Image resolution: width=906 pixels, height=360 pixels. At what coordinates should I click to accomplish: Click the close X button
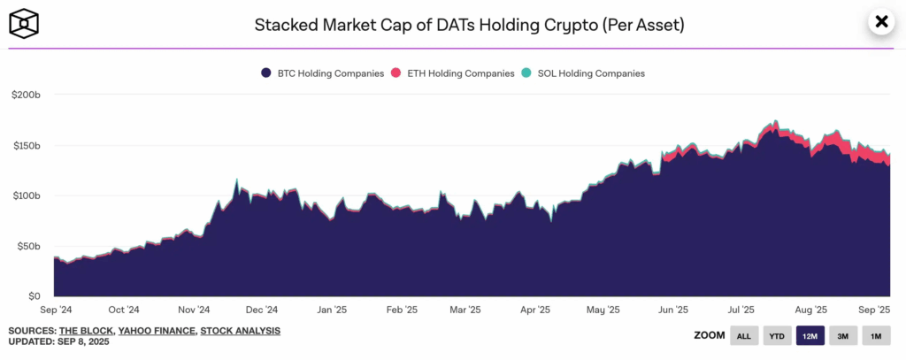880,22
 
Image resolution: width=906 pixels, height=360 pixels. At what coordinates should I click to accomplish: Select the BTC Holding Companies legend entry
322,73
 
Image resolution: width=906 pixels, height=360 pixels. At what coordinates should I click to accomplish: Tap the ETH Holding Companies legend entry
452,73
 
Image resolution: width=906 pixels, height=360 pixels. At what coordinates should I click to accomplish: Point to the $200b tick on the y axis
28,95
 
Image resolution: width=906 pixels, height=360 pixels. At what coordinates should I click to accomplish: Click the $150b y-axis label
28,145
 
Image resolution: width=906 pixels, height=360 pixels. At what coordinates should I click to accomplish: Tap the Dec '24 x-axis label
261,310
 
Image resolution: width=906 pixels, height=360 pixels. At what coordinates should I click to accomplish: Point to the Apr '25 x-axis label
534,310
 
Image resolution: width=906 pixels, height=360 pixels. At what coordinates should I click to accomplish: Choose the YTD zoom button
777,336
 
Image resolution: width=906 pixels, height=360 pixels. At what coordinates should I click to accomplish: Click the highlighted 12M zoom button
810,336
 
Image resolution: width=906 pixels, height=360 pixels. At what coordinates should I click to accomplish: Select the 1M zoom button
876,336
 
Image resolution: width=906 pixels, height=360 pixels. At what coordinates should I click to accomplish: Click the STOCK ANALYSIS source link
241,331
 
